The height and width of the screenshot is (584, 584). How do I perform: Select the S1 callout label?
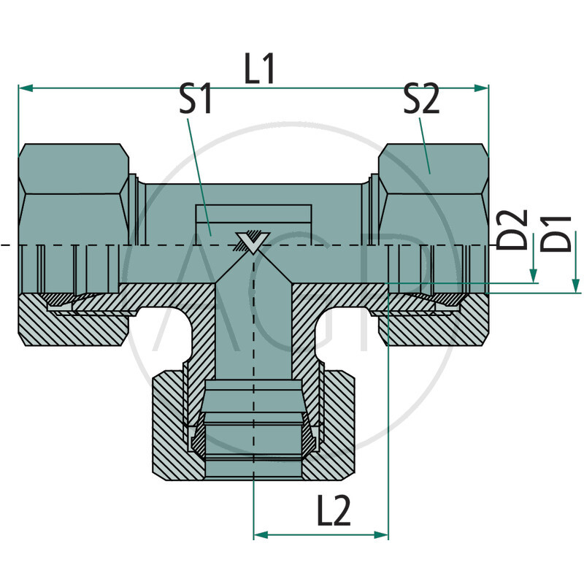click(x=196, y=100)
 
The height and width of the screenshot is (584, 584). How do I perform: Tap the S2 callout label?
click(x=422, y=100)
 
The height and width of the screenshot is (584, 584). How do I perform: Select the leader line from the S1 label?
click(x=199, y=175)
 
